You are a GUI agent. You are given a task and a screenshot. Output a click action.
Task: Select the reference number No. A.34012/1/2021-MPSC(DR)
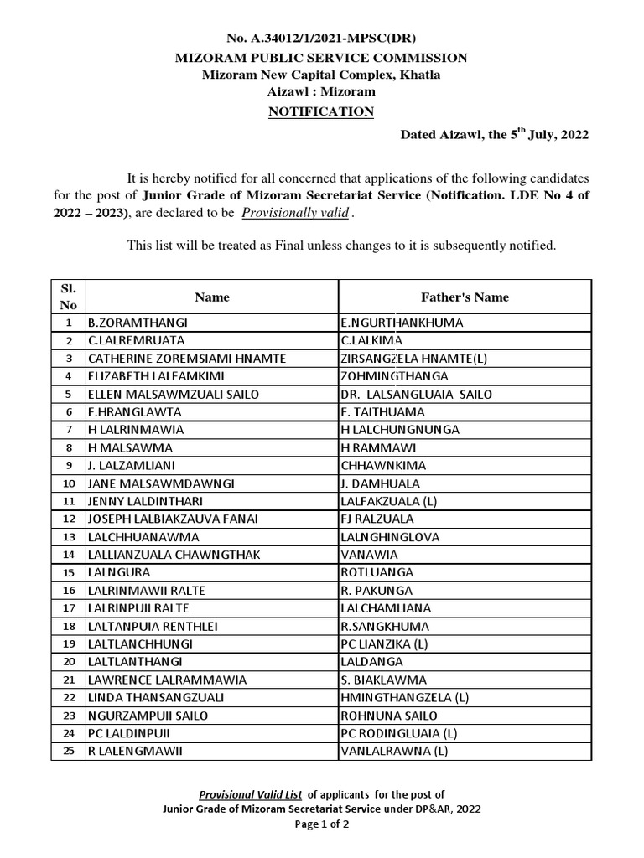[x=321, y=39]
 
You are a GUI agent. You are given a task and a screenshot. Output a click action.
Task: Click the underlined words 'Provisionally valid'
[x=295, y=213]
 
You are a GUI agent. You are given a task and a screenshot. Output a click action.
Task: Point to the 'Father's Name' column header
[x=464, y=297]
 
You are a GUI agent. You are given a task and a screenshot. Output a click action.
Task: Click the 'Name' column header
[x=211, y=297]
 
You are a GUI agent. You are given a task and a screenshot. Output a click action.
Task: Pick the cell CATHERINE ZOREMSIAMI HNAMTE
[x=186, y=358]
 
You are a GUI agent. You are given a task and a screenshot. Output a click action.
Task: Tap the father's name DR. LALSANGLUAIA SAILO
[x=416, y=394]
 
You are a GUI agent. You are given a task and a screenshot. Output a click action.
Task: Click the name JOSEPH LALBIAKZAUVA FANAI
[x=173, y=519]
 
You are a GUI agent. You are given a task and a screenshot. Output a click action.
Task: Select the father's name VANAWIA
[x=369, y=555]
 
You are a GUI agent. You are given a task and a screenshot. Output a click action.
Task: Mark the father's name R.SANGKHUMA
[x=384, y=626]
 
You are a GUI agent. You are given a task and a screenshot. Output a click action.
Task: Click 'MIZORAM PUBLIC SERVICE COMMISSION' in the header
[x=321, y=58]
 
